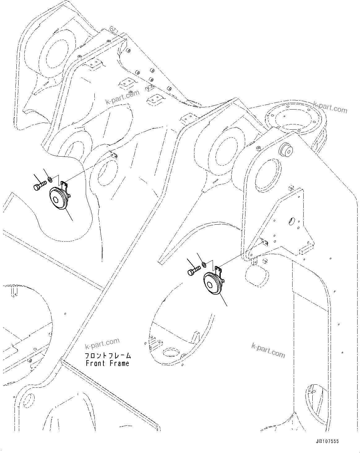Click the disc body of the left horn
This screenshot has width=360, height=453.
click(59, 200)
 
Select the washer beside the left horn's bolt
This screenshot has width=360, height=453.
click(50, 179)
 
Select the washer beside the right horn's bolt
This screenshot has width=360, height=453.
click(204, 264)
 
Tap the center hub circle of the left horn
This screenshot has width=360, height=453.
click(56, 200)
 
